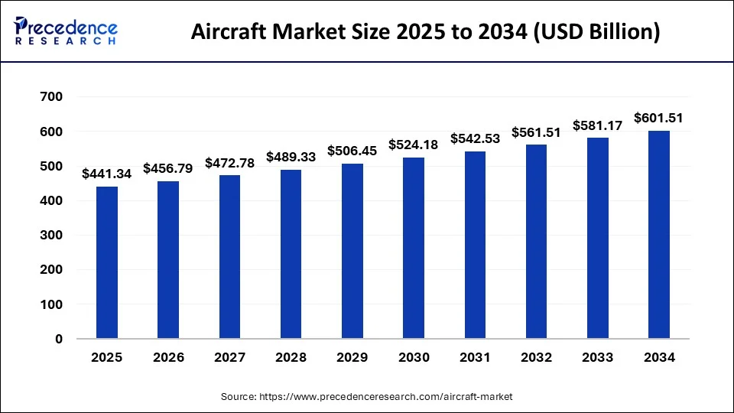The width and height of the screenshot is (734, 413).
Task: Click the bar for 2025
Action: click(x=107, y=262)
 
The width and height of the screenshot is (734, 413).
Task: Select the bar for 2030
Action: click(x=414, y=248)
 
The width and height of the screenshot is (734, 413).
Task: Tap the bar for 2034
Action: click(x=659, y=235)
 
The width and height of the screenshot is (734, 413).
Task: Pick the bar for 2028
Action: click(x=291, y=254)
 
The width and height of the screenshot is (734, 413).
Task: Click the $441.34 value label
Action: click(x=107, y=174)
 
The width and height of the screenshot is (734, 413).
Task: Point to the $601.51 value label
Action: click(x=659, y=118)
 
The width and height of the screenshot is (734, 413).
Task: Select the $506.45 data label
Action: click(x=352, y=151)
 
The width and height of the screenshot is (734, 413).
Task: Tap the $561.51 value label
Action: click(x=536, y=132)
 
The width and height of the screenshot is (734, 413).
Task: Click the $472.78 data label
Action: click(x=230, y=162)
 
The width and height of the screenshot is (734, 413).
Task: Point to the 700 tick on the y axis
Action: click(x=52, y=97)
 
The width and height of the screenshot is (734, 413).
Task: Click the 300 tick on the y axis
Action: click(x=52, y=235)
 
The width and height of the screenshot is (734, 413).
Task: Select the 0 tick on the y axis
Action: click(x=59, y=339)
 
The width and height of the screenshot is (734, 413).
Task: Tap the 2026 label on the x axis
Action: click(x=169, y=357)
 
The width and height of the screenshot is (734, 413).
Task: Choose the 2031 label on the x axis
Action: click(x=475, y=357)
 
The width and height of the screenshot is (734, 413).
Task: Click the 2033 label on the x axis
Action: click(x=598, y=357)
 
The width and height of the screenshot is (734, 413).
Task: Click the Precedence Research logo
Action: click(x=66, y=31)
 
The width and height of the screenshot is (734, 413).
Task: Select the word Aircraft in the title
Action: click(x=230, y=33)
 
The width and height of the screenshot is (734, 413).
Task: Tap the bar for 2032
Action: click(x=536, y=242)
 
